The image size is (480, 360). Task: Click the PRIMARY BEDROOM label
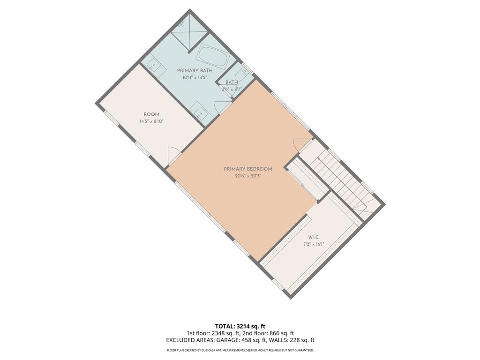click(x=248, y=169)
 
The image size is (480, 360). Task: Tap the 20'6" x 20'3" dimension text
click(x=248, y=176)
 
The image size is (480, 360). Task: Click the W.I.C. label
click(x=314, y=237)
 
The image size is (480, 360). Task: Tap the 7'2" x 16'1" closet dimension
click(x=314, y=244)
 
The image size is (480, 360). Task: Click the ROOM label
click(x=151, y=114)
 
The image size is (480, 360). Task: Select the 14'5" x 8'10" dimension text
click(x=151, y=121)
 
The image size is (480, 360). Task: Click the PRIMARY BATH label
click(x=195, y=70)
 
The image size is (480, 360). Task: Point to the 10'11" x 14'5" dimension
click(x=195, y=77)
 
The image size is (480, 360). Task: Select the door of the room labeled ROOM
click(x=173, y=154)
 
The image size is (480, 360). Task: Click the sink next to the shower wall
click(x=155, y=68)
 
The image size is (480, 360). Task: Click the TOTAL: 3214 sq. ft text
click(x=240, y=326)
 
